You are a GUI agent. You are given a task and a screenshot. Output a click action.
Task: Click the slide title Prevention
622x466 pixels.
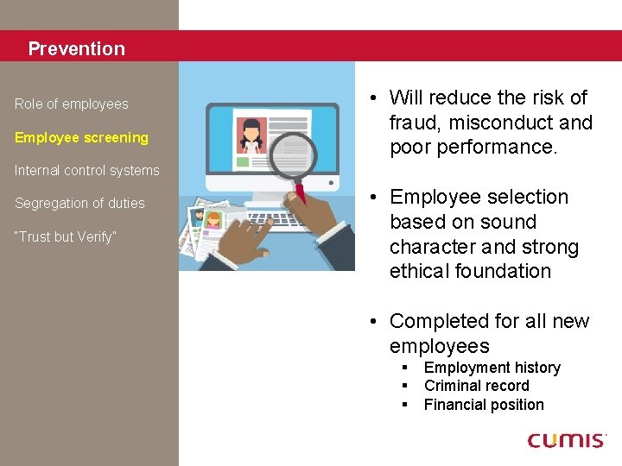pos(76,49)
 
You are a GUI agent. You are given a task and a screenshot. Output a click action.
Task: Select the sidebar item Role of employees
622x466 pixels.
pos(72,104)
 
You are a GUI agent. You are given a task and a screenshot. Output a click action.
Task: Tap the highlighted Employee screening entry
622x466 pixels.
pos(81,137)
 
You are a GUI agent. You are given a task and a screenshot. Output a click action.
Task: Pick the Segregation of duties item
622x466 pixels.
pos(79,204)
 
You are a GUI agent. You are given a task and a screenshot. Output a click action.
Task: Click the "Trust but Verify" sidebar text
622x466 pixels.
pos(65,236)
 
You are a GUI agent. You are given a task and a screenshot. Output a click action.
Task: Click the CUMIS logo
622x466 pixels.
pos(567,441)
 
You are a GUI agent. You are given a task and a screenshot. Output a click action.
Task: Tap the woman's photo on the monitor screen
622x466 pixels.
pos(251,135)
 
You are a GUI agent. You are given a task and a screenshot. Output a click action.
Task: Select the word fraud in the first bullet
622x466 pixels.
pos(412,123)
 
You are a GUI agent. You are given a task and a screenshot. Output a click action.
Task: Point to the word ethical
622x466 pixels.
pos(418,271)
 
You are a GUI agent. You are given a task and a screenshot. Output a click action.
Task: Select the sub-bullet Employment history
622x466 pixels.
pos(492,368)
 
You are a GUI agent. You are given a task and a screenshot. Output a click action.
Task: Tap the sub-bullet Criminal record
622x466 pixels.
pos(477,386)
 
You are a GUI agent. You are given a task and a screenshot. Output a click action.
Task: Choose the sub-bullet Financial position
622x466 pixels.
pos(484,405)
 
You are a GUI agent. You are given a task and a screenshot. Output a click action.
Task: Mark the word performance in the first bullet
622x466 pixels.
pos(495,147)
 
